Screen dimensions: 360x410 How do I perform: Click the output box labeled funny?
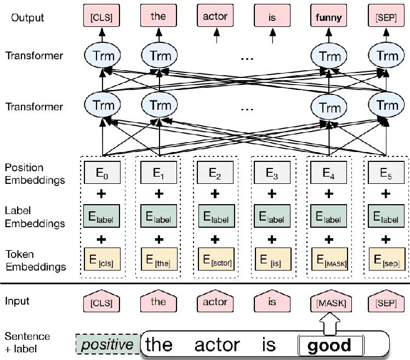(329, 16)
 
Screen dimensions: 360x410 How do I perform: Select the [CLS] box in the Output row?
(101, 16)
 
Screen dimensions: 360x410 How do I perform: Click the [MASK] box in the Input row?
(329, 302)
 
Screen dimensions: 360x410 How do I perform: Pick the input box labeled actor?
(215, 302)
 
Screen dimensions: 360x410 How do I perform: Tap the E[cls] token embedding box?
(102, 260)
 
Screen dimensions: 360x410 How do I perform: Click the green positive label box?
(108, 344)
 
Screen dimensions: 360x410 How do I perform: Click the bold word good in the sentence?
(329, 345)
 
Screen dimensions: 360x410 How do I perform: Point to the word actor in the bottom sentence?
(217, 345)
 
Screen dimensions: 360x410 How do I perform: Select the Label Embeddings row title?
(35, 217)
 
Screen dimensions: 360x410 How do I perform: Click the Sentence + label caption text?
(27, 341)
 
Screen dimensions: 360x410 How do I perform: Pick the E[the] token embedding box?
(158, 260)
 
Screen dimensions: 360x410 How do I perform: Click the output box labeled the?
(158, 16)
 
